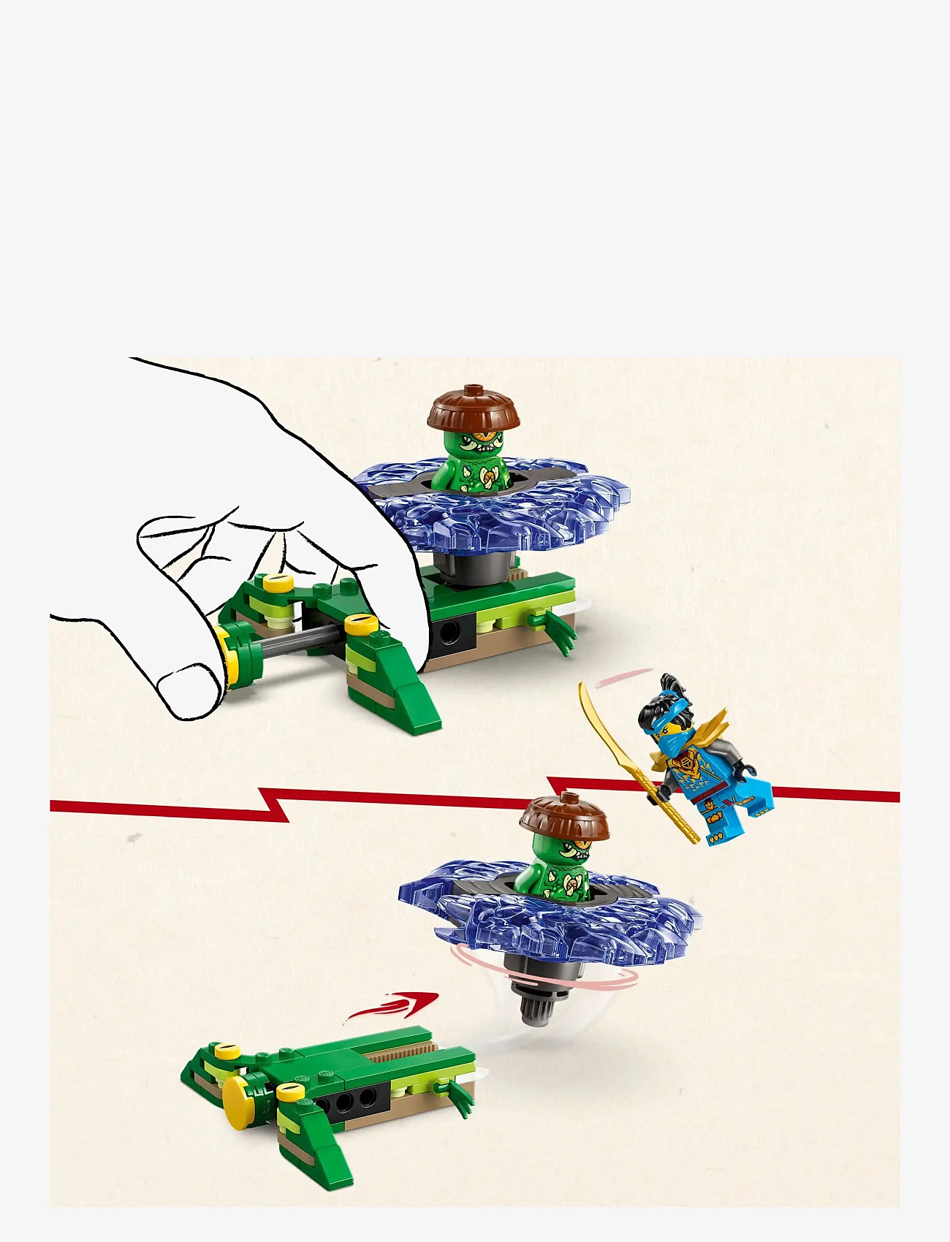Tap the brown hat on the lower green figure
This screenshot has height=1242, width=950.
(564, 816)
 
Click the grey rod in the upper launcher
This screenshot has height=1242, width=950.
(292, 639)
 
